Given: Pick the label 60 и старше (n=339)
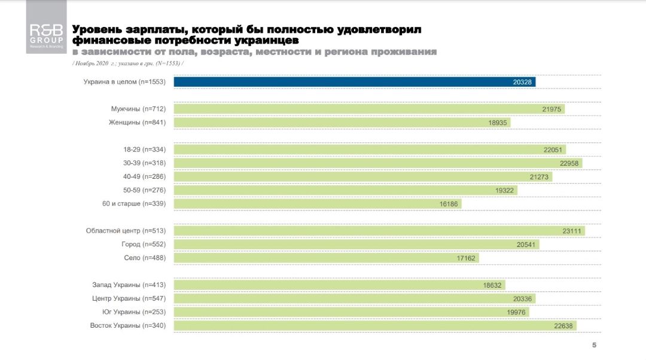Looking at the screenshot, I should (133, 204).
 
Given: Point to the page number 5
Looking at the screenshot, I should (594, 345).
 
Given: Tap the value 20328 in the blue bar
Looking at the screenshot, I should (523, 82).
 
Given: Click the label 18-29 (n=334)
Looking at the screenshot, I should (144, 150).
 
